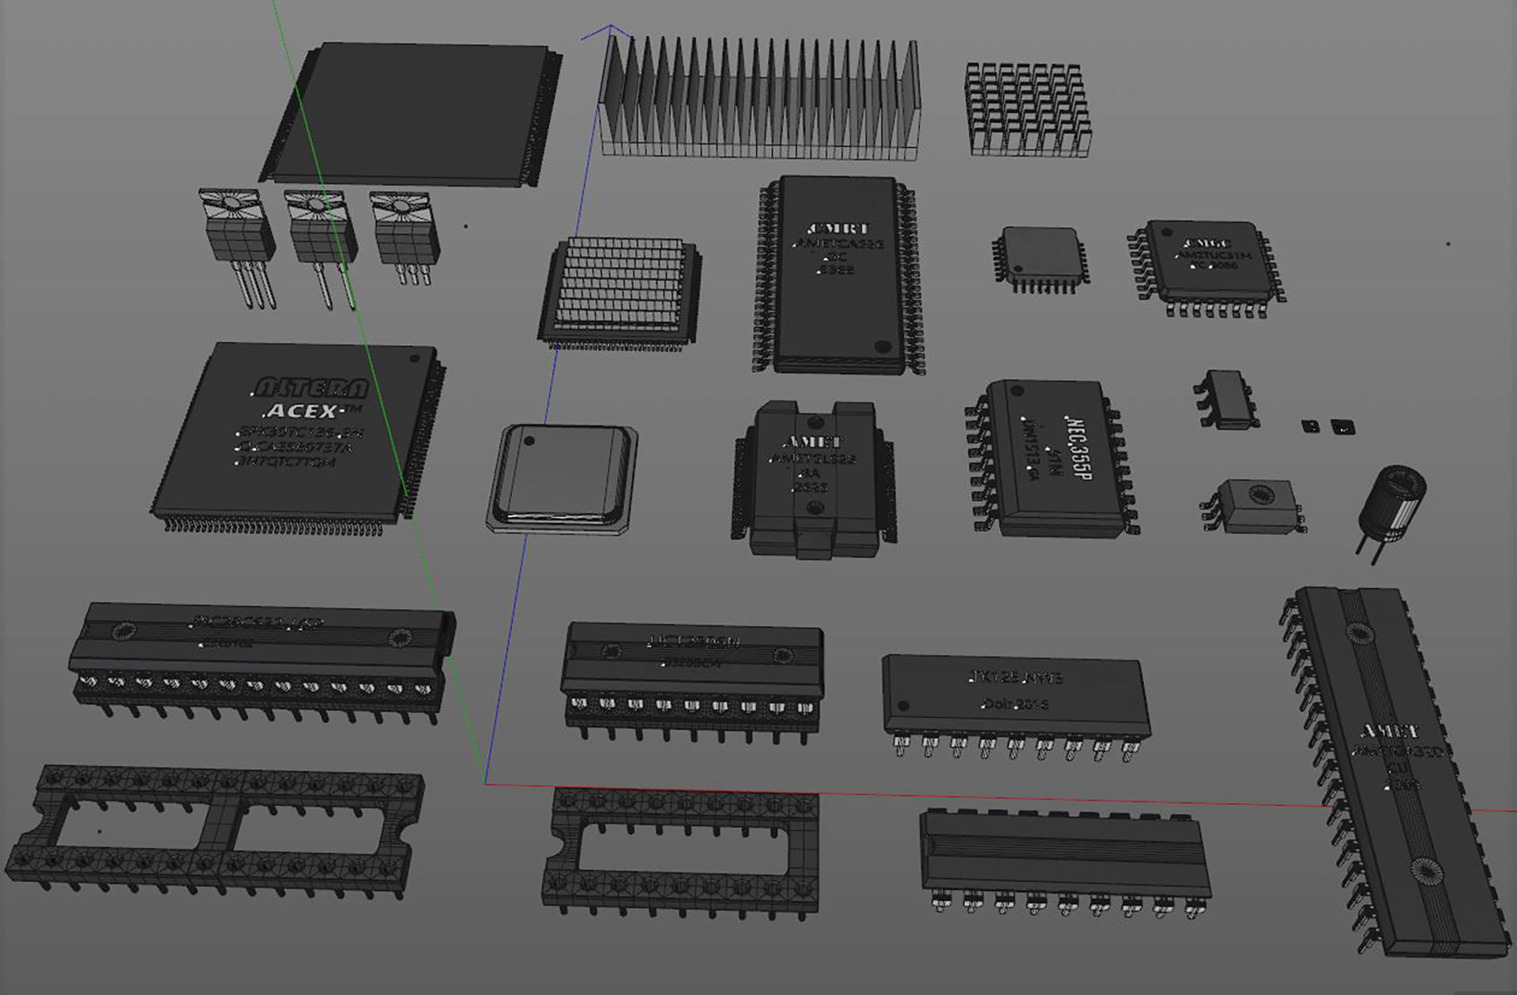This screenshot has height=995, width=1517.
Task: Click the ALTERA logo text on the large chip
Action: pyautogui.click(x=310, y=387)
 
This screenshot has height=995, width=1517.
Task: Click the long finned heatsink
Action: pyautogui.click(x=760, y=98)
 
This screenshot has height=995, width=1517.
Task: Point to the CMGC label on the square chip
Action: pyautogui.click(x=1206, y=243)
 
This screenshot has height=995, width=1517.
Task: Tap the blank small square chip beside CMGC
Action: pyautogui.click(x=1040, y=254)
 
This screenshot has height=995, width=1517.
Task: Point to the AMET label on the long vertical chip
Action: pyautogui.click(x=1389, y=730)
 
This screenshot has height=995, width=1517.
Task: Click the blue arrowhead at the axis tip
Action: pyautogui.click(x=611, y=28)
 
